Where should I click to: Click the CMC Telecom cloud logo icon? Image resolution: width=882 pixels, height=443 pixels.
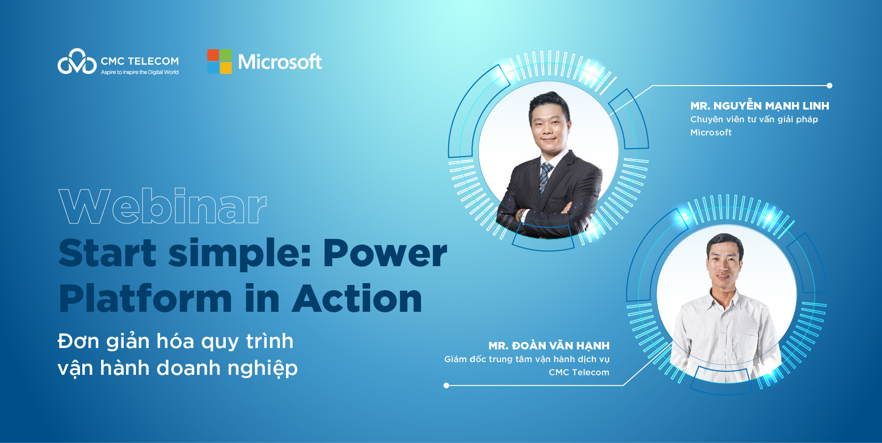click(x=77, y=62)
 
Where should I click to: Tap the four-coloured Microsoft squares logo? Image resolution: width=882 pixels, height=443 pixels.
click(x=220, y=62)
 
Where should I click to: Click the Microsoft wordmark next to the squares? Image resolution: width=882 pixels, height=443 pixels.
click(x=280, y=62)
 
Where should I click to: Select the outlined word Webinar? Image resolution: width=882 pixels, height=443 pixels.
click(x=163, y=206)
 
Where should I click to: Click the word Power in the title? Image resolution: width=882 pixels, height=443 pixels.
click(x=385, y=253)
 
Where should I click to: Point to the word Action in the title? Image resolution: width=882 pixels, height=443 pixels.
click(x=358, y=299)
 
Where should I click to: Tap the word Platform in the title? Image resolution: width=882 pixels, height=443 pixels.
click(x=146, y=299)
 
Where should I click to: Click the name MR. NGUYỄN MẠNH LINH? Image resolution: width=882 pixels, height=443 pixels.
click(x=760, y=105)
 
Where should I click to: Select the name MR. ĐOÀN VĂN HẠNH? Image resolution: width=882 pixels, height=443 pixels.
click(x=549, y=345)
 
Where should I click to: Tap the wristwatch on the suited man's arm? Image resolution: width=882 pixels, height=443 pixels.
click(x=521, y=215)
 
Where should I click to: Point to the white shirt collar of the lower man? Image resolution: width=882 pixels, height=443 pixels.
click(x=724, y=297)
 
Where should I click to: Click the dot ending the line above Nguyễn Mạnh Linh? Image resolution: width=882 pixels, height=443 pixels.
click(x=829, y=86)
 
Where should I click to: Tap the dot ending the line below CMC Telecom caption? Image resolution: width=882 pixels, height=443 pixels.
click(x=446, y=386)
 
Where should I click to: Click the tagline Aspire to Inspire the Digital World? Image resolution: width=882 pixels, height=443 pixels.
click(x=140, y=72)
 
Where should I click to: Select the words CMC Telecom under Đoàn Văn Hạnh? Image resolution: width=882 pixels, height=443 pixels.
click(x=579, y=372)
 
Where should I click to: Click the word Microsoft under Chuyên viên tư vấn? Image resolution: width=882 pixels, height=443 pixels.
click(x=711, y=133)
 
